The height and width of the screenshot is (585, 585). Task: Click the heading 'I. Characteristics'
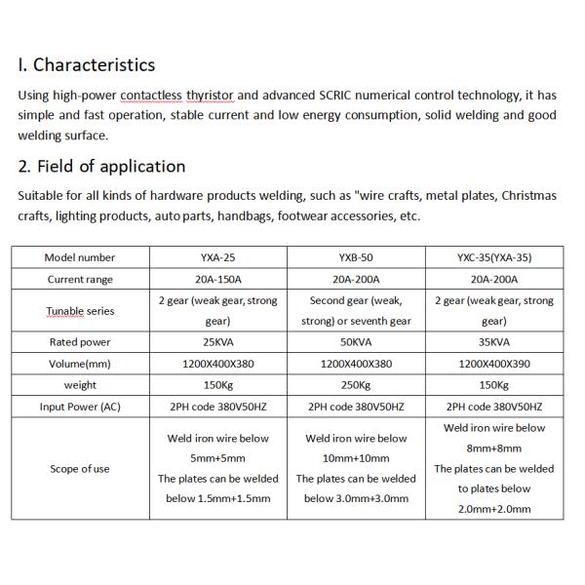(86, 65)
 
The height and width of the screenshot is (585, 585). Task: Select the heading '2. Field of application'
(101, 166)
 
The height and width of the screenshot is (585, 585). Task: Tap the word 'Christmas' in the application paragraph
(529, 196)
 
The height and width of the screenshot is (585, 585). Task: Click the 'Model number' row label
(80, 257)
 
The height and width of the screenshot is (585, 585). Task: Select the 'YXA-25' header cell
(218, 257)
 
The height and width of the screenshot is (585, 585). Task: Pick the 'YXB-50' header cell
(357, 257)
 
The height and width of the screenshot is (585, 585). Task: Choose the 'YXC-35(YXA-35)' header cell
(493, 257)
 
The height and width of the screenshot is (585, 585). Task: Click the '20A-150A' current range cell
(218, 280)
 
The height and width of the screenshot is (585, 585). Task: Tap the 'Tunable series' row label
(80, 311)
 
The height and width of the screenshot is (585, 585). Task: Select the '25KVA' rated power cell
(218, 342)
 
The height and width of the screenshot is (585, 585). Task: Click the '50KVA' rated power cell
(357, 342)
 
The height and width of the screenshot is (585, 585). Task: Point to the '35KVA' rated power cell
(493, 342)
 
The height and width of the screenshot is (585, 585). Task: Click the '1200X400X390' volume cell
(493, 364)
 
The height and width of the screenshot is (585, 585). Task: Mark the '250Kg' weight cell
(357, 385)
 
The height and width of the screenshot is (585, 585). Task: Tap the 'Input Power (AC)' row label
(80, 407)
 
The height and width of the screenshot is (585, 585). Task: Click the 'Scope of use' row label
(80, 469)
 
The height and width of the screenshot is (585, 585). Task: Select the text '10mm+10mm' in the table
(358, 458)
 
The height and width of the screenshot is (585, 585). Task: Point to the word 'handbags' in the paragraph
(245, 215)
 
